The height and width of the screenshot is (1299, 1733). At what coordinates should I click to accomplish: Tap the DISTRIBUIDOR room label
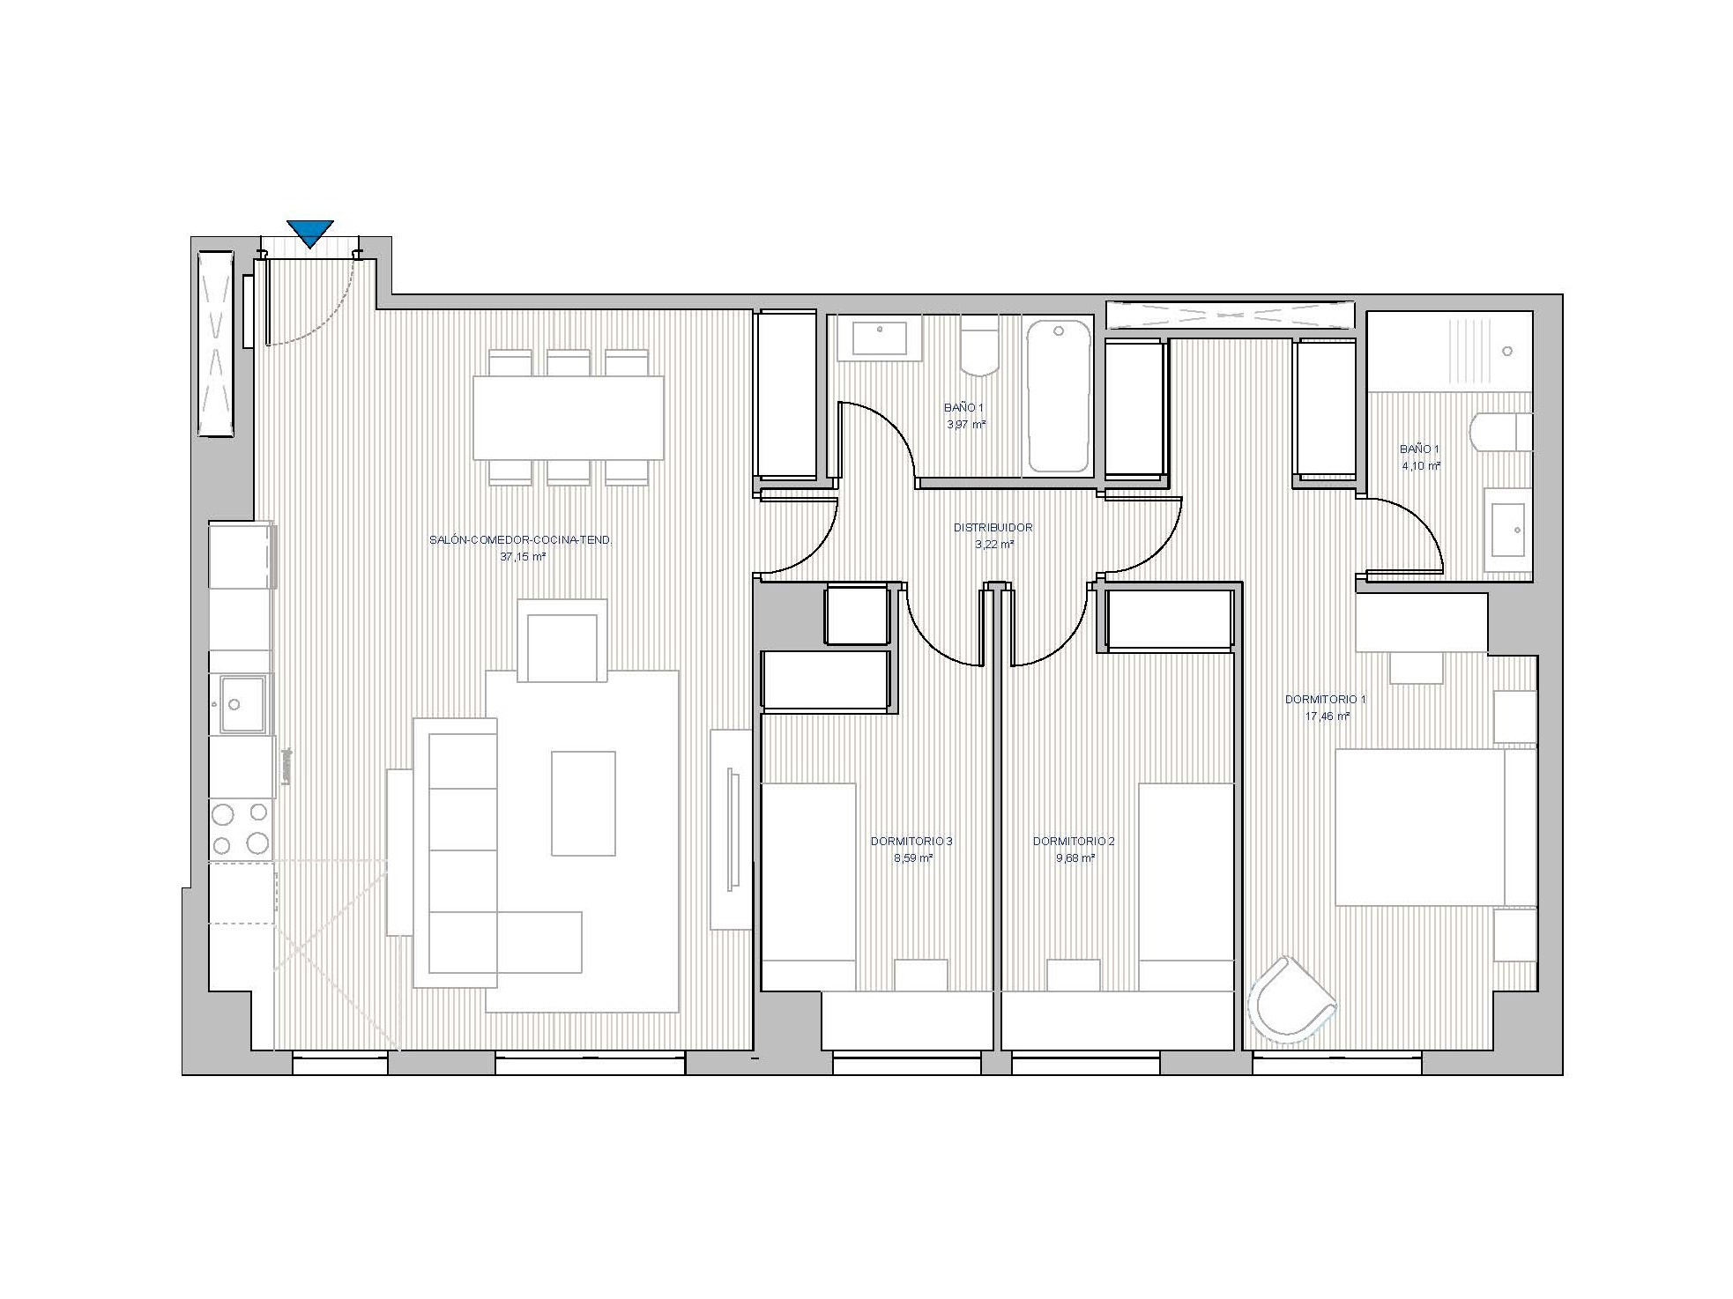pyautogui.click(x=993, y=528)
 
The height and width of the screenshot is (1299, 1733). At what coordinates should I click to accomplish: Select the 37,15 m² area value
pyautogui.click(x=523, y=557)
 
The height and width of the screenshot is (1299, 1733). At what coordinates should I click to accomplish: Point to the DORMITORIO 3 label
pyautogui.click(x=911, y=842)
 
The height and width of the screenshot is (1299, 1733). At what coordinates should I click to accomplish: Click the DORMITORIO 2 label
pyautogui.click(x=1074, y=842)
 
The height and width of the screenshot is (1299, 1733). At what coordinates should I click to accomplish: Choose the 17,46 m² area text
pyautogui.click(x=1328, y=716)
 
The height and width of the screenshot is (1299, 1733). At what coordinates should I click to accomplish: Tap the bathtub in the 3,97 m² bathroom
pyautogui.click(x=1059, y=397)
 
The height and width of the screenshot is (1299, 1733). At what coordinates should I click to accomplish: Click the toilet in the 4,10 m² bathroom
pyautogui.click(x=1501, y=432)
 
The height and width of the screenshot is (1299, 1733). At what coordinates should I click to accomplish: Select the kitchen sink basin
pyautogui.click(x=242, y=704)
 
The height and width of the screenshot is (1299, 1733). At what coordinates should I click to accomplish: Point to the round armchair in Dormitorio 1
pyautogui.click(x=1291, y=998)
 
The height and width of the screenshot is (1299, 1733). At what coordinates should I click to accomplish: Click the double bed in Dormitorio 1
pyautogui.click(x=1435, y=827)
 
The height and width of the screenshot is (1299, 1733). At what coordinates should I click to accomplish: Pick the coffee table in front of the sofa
pyautogui.click(x=584, y=803)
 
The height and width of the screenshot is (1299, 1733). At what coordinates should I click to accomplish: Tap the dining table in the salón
pyautogui.click(x=569, y=418)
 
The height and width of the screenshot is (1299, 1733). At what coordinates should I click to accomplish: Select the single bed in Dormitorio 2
pyautogui.click(x=1186, y=886)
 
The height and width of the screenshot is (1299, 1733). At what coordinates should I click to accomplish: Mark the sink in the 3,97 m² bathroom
pyautogui.click(x=879, y=338)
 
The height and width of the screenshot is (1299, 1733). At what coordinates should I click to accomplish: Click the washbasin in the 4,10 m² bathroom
pyautogui.click(x=1508, y=531)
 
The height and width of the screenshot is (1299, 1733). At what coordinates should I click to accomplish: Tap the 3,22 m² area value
pyautogui.click(x=994, y=545)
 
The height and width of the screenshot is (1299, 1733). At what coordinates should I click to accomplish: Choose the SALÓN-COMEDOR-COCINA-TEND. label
pyautogui.click(x=520, y=540)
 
